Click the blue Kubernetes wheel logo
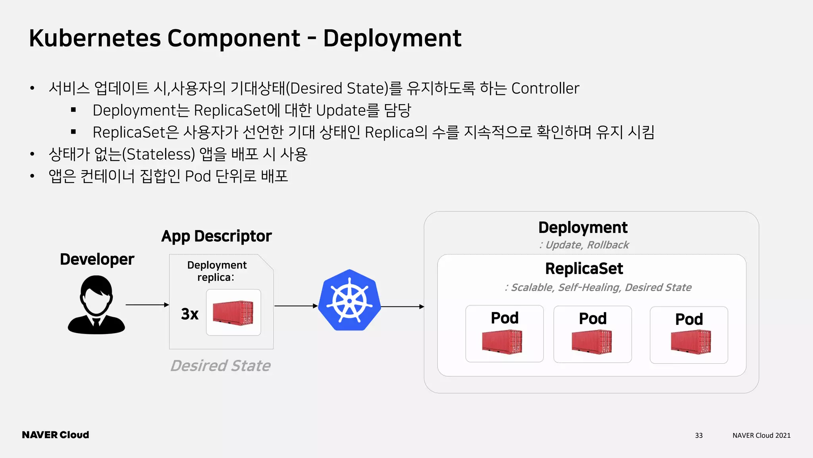tap(349, 301)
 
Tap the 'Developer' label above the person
tap(97, 259)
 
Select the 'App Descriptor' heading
tap(216, 236)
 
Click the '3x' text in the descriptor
tap(189, 314)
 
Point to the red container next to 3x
tap(233, 313)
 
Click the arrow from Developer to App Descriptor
tap(147, 305)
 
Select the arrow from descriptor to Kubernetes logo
tap(296, 306)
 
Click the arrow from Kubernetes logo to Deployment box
tap(402, 307)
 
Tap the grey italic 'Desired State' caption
tap(220, 366)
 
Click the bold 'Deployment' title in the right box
tap(583, 227)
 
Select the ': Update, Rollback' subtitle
tap(584, 245)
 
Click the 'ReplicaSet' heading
tap(584, 269)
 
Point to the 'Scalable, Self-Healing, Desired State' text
tap(598, 287)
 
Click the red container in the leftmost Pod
tap(502, 342)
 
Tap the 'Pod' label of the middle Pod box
tap(593, 318)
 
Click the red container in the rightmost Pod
tap(691, 342)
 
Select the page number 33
tap(699, 435)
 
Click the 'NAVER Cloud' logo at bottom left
tap(56, 435)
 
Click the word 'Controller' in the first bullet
tap(545, 88)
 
